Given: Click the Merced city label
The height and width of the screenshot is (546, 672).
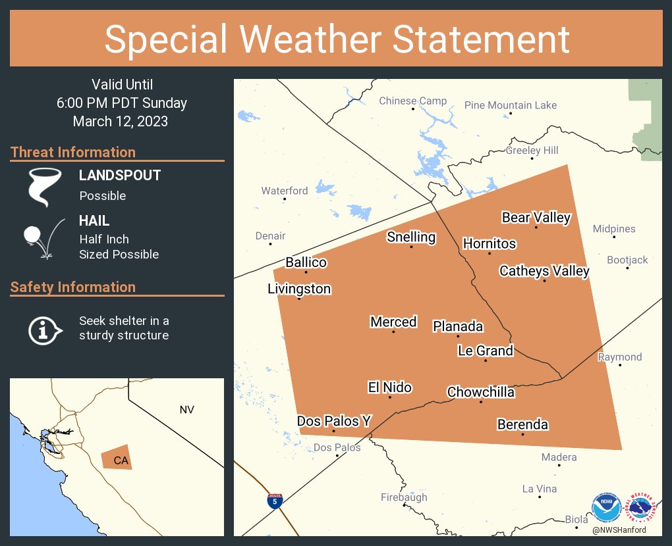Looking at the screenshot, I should point(393,322).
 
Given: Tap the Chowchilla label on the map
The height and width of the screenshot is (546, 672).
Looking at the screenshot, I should point(480,392).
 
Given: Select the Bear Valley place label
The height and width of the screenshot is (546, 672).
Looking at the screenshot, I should point(536,217).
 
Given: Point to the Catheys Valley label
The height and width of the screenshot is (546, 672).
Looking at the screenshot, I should point(544,270).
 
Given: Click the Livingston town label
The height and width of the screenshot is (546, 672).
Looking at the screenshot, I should point(299,289).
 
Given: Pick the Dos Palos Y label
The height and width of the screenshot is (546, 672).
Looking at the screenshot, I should point(333,421).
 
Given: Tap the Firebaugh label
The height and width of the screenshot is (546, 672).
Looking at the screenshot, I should point(404,497).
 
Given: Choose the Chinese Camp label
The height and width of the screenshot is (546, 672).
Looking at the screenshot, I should point(412,101).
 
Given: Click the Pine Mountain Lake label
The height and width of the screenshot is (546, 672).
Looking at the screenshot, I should point(511,105).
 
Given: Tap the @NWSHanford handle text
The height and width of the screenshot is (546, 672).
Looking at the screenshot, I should point(619,530).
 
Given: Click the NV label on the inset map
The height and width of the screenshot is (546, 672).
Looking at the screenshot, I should point(186,410).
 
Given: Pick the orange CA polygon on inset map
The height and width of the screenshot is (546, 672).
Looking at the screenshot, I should point(117,460).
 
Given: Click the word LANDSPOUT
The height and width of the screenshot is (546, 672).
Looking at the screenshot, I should point(120,176).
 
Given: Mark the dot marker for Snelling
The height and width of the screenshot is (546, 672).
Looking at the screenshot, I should point(411,247).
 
